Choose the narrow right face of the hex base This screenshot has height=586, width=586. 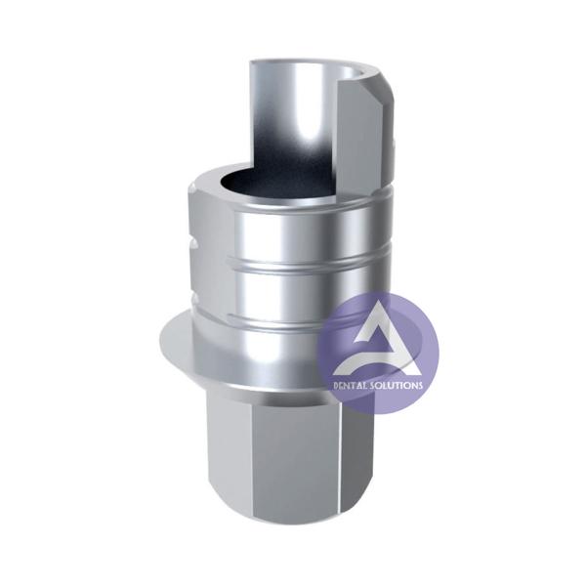(x=371, y=449)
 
